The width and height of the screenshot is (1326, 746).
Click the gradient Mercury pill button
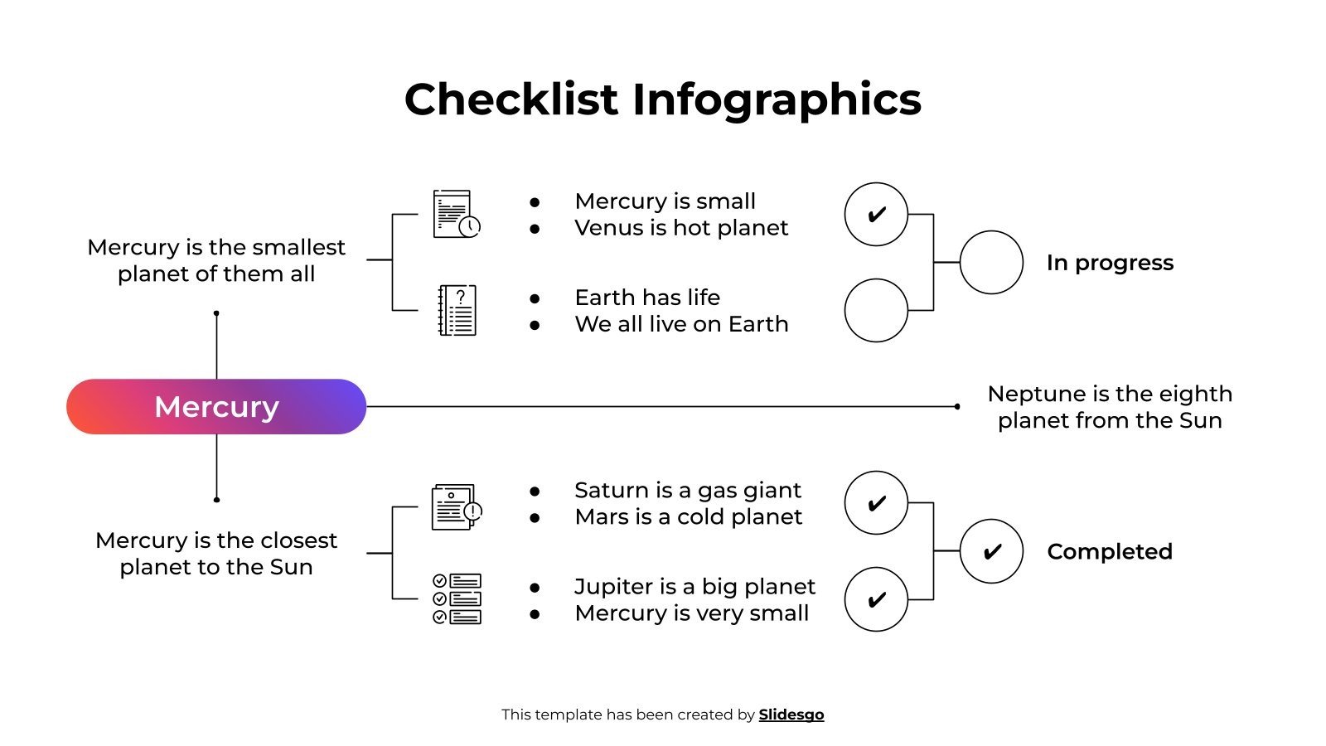[x=216, y=407]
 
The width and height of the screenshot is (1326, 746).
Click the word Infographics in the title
[x=777, y=99]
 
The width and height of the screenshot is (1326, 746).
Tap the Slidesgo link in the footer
[x=791, y=715]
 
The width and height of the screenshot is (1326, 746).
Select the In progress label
[x=1110, y=263]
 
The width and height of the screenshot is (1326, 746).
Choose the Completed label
[x=1110, y=551]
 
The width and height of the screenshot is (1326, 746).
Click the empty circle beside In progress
[x=991, y=262]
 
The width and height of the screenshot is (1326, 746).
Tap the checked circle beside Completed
[x=991, y=551]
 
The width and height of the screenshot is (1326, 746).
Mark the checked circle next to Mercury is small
[x=876, y=215]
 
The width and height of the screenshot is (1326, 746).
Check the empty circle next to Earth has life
[x=876, y=310]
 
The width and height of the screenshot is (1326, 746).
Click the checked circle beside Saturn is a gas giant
[x=876, y=503]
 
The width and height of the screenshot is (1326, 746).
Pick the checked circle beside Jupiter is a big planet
[x=876, y=599]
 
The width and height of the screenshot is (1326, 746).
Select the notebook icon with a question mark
[x=457, y=310]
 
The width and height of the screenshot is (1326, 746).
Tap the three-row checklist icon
[x=457, y=598]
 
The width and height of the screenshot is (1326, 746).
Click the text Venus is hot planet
[x=681, y=228]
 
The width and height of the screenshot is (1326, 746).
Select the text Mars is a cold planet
[x=688, y=517]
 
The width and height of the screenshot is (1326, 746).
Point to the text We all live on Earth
[x=681, y=324]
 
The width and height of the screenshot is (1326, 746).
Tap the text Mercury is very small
[x=691, y=613]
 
